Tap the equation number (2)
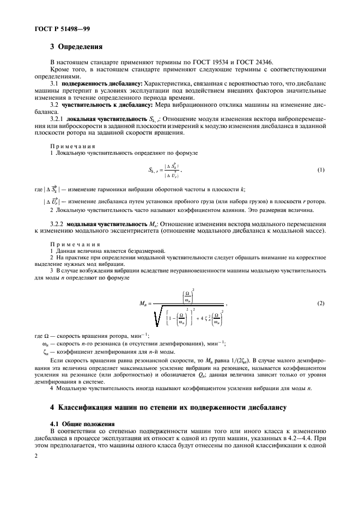[x=321, y=302]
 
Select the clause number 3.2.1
[x=57, y=118]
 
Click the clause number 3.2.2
[x=57, y=224]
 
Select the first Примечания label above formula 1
[x=73, y=147]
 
